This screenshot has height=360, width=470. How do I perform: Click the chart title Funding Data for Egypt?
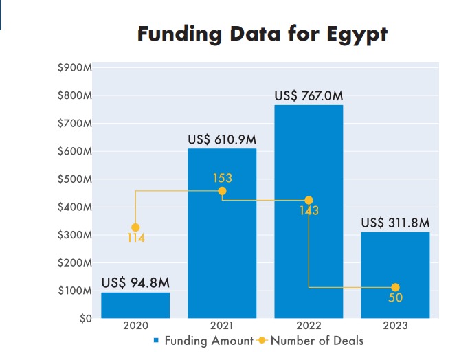pos(262,34)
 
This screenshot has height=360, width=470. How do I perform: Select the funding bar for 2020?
pos(135,305)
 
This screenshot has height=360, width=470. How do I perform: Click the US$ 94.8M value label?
pos(135,282)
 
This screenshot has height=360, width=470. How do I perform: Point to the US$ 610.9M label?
pos(222,139)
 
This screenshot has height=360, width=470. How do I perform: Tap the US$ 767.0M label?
pos(309,95)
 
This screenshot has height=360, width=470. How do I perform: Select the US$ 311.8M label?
pos(395,223)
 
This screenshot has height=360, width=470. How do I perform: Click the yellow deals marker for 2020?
pos(135,227)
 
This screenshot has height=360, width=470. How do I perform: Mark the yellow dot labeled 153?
pos(222,191)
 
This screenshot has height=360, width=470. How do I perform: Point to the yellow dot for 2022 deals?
pos(309,201)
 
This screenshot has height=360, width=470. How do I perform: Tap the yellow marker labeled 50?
pos(395,287)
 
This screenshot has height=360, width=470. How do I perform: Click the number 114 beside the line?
pos(135,238)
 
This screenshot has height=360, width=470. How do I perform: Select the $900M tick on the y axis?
pos(75,68)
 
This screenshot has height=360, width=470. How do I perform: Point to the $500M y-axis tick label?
pos(75,179)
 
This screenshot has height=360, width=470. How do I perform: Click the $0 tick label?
pos(83,319)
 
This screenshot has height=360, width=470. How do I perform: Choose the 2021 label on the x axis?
pos(222,326)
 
